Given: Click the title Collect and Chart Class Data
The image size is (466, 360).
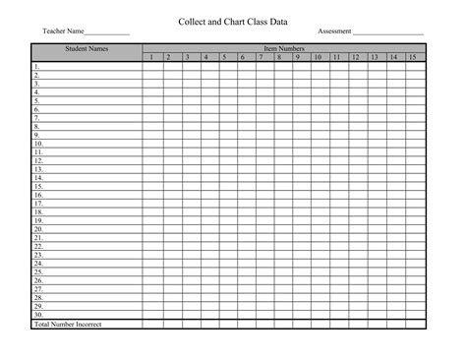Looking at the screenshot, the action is [233, 19].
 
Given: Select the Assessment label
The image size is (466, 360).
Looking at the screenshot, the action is [335, 31].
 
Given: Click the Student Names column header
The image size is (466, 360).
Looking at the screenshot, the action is [87, 48].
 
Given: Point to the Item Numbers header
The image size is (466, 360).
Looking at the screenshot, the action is [284, 48].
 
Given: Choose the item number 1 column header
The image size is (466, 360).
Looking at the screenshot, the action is [151, 57].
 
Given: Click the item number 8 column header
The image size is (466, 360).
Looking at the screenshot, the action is [280, 57].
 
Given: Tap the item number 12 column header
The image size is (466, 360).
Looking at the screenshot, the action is [355, 57].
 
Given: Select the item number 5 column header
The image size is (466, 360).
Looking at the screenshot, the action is [224, 57].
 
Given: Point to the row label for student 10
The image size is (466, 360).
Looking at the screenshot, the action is [38, 144].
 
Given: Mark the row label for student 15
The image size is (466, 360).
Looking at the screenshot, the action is [38, 186].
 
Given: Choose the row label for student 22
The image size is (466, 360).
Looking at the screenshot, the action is [38, 246].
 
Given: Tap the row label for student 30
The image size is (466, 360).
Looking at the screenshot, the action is [38, 315].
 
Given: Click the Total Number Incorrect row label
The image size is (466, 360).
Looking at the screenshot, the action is [69, 324].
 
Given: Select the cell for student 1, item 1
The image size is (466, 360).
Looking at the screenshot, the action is [151, 66].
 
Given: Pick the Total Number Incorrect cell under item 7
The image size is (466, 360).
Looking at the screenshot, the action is [262, 324].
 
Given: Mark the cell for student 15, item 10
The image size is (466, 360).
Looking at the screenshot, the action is [318, 186].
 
